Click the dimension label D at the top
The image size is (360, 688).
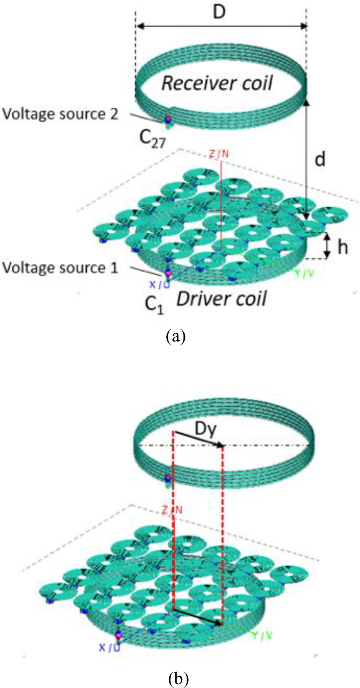(x=219, y=12)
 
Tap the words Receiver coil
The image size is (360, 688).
(x=217, y=83)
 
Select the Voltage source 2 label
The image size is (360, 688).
(x=60, y=114)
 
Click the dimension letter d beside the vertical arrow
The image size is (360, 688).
(x=320, y=159)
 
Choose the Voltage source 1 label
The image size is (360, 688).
(x=60, y=268)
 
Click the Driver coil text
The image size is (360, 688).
(x=222, y=299)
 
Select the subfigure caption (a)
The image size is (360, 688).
(x=175, y=335)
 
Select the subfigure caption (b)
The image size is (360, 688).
(x=179, y=678)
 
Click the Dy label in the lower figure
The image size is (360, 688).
(x=205, y=431)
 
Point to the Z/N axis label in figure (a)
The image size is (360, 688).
(x=219, y=154)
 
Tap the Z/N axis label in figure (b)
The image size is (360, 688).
(x=171, y=510)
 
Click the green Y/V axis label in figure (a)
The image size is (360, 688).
(x=304, y=273)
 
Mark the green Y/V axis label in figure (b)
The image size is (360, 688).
(x=261, y=636)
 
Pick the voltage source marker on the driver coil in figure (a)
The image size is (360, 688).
(x=168, y=273)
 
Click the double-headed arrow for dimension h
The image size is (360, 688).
(x=328, y=246)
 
